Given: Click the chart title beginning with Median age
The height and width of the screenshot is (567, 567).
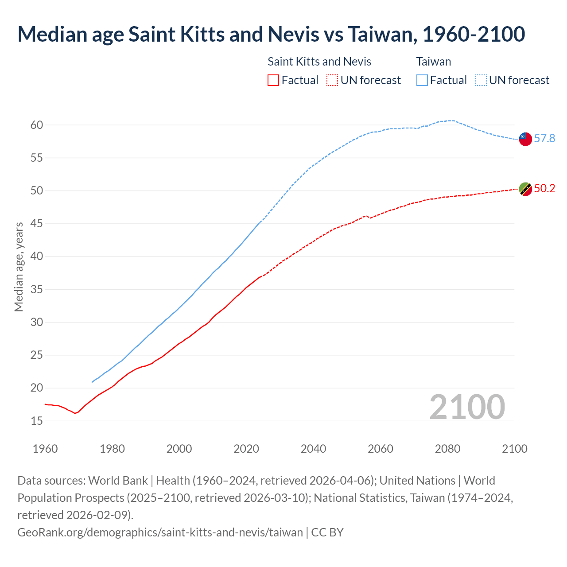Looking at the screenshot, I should click(271, 34).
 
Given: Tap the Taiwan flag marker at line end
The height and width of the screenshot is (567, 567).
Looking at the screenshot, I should click(525, 139).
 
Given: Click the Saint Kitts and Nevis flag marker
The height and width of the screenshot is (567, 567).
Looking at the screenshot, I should click(525, 189).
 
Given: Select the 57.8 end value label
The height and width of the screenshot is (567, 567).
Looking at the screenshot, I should click(544, 139).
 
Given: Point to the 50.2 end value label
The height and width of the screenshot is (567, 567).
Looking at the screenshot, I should click(544, 189).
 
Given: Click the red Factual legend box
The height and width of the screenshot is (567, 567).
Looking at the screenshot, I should click(273, 80).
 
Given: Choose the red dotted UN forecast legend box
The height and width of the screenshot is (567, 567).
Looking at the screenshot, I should click(332, 80).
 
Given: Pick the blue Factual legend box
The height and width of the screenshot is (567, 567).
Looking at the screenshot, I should click(422, 80).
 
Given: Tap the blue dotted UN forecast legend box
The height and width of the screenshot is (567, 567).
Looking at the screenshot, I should click(481, 80).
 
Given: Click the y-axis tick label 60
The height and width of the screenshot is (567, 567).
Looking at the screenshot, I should click(37, 125).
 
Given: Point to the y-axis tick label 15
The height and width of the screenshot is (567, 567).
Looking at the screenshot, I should click(37, 421).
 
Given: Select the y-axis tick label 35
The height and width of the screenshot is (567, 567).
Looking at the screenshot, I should click(37, 290).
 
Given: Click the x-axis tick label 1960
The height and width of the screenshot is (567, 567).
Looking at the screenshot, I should click(45, 449).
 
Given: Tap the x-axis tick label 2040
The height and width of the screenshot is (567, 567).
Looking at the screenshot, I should click(313, 449).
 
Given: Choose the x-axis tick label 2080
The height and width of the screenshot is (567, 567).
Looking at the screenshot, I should click(447, 449).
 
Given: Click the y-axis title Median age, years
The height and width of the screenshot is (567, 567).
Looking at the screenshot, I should click(19, 267).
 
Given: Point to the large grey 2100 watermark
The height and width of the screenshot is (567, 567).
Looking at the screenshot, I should click(467, 407).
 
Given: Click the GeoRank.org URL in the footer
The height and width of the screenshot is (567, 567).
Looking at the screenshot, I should click(160, 532).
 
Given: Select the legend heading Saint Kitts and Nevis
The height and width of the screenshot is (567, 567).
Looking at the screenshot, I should click(319, 62).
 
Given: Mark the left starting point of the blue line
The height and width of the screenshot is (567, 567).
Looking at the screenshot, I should click(92, 382).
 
